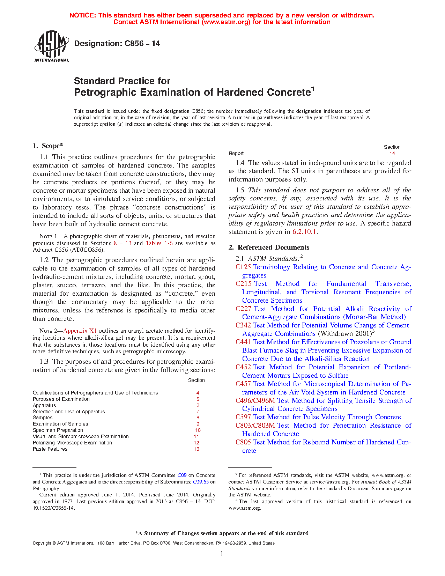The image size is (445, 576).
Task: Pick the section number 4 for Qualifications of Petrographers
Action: point(198,393)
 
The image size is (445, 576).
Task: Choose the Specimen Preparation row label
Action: point(58,430)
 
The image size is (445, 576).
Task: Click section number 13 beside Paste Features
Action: point(196,449)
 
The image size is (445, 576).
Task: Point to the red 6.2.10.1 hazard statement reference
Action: point(305,232)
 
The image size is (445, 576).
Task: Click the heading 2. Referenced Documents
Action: point(269,248)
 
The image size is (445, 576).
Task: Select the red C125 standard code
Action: point(243,267)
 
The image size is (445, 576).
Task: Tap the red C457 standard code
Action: point(243,384)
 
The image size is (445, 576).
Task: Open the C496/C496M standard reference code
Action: point(255,401)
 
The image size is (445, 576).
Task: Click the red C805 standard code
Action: point(243,442)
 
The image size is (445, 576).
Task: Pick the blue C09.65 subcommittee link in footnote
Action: point(201,482)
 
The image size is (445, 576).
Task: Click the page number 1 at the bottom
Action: point(222,553)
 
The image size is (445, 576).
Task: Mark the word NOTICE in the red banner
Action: point(82,15)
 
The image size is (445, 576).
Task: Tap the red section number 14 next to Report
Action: point(392,154)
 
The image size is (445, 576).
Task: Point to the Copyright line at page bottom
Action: point(154,543)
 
